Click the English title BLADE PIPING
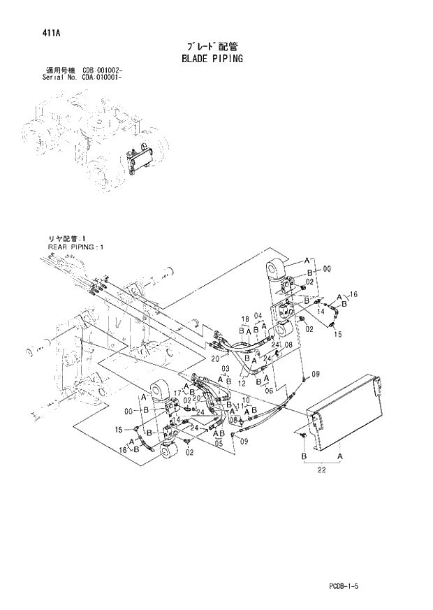(211, 59)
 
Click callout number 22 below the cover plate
(321, 470)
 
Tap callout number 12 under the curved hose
(243, 384)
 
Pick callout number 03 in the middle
(225, 369)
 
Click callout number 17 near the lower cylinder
(178, 393)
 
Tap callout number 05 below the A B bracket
(218, 442)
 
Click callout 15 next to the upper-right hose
(338, 334)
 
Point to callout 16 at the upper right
(353, 296)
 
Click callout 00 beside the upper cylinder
(326, 268)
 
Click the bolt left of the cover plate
(304, 436)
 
